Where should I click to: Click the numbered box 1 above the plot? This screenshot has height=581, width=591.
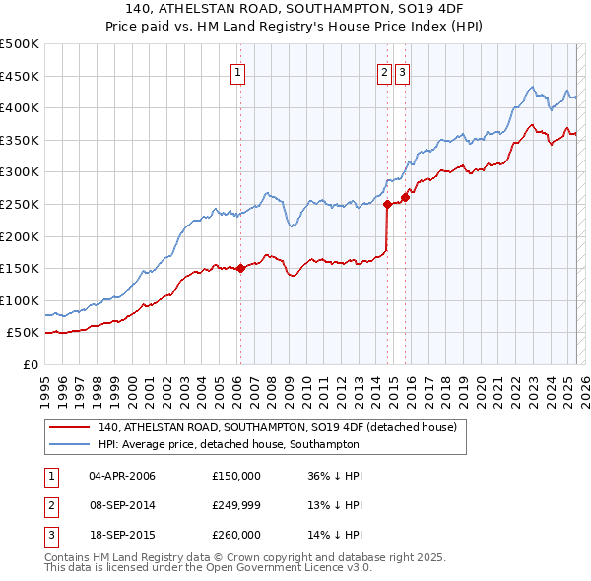point(238,71)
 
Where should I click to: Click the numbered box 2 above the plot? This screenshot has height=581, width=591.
point(383,71)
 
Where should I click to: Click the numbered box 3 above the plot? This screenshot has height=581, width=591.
point(403,71)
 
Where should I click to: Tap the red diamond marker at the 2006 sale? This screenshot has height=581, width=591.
point(240,268)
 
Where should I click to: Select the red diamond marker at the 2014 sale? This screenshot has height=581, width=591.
point(387,205)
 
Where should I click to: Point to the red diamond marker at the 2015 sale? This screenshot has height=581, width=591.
point(405,198)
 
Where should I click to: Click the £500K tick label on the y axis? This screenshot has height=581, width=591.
point(19,44)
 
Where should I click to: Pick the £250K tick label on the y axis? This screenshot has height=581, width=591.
point(19,204)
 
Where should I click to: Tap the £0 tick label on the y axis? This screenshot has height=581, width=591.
point(31,364)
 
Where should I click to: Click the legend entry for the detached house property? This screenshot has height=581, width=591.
point(277,428)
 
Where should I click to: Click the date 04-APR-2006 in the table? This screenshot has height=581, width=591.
point(122,476)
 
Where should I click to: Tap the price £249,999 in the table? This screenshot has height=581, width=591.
point(236,505)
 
